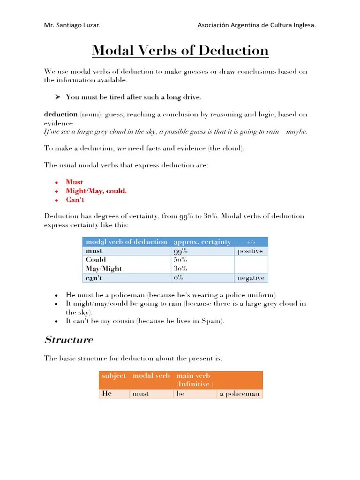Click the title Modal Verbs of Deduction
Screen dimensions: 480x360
180,50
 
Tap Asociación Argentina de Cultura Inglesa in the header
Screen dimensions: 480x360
257,25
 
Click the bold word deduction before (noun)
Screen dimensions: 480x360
60,114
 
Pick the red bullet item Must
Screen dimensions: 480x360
75,182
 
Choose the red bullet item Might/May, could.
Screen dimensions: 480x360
96,191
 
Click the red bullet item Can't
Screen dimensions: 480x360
75,200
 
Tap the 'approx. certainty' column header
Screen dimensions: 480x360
202,242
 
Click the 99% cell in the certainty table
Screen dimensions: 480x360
180,251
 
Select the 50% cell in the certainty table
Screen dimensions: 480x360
180,260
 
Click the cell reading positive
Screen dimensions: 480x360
250,251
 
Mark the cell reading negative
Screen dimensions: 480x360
251,278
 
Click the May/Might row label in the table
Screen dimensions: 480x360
104,269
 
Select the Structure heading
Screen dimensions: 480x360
68,340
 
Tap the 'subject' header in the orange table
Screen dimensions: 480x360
113,376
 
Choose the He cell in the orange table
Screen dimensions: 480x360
106,394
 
